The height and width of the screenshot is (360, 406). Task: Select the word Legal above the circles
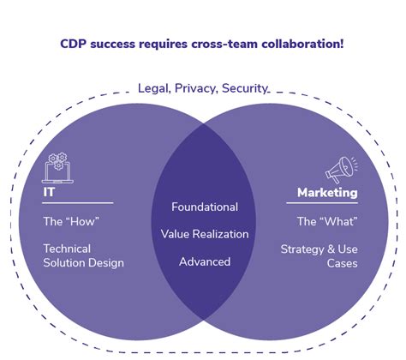point(155,87)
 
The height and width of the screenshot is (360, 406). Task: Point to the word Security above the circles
point(247,87)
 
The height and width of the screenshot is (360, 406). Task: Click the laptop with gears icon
point(57,167)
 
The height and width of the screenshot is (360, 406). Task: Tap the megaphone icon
point(341,169)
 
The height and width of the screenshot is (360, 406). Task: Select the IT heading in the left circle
point(50,193)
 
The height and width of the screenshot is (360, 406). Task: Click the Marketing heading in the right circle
point(327,193)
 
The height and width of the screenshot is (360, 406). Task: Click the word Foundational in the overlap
point(205,207)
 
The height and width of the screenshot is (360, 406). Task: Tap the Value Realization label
point(205,234)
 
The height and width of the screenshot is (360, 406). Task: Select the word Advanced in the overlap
point(205,261)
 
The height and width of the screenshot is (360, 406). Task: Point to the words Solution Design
point(83,262)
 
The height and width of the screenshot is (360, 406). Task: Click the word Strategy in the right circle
point(304,249)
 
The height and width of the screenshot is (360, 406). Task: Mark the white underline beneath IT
point(78,203)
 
